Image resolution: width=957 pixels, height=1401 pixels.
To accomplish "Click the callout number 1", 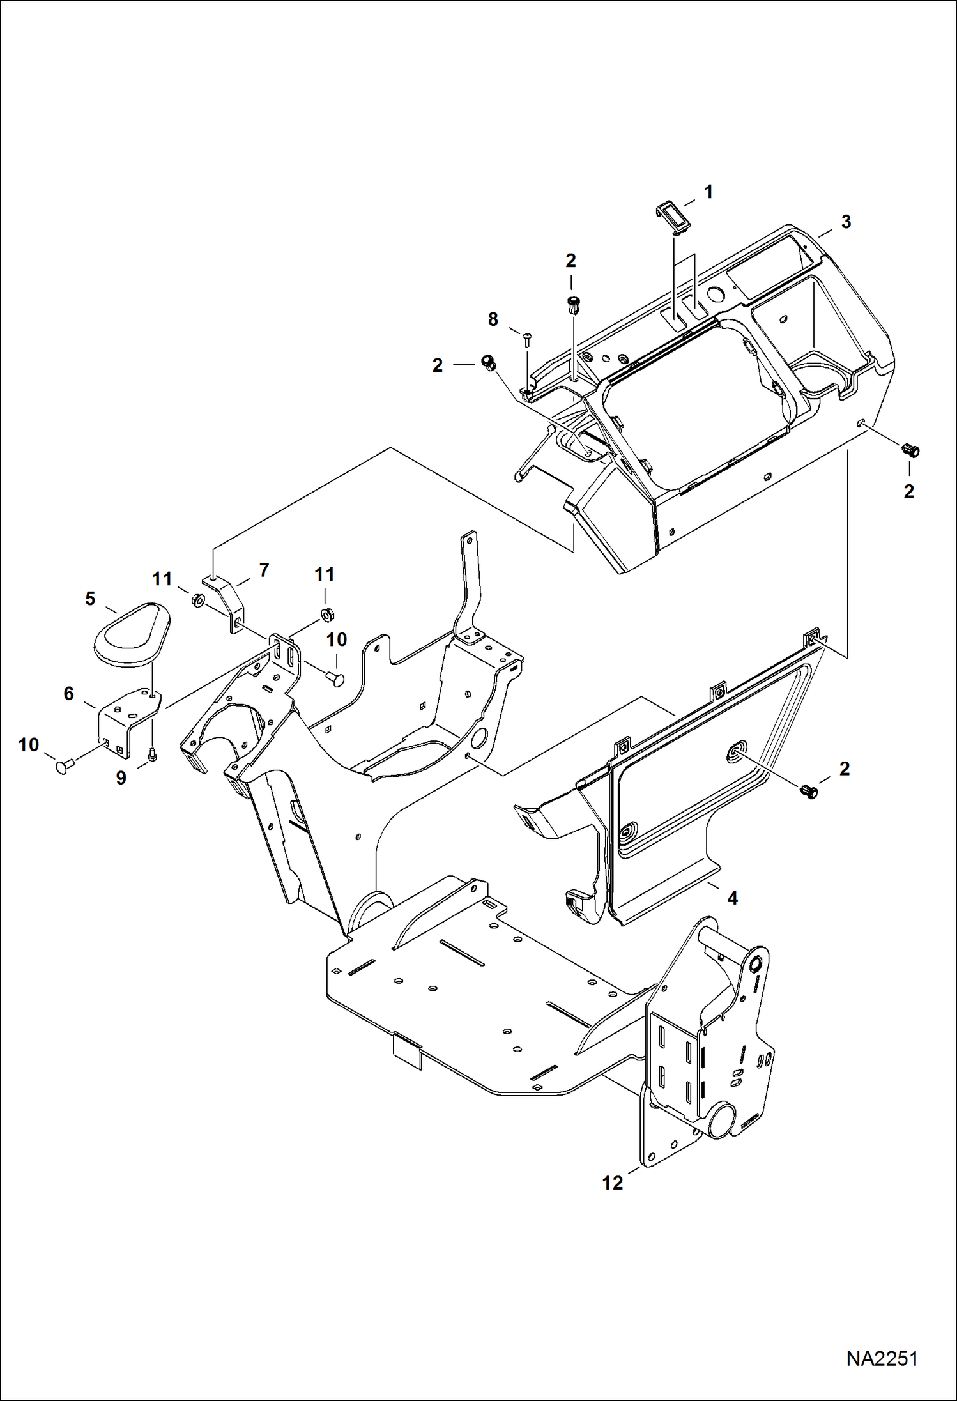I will [x=708, y=192].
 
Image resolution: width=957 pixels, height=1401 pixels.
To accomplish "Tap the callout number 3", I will [x=846, y=222].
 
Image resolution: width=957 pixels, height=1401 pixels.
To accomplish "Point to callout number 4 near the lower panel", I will [x=732, y=898].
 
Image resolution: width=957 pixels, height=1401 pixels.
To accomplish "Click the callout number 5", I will [x=90, y=599].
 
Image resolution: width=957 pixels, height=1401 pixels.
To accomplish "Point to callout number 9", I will [x=121, y=777].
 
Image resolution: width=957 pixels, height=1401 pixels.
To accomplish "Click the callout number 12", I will [x=612, y=1183].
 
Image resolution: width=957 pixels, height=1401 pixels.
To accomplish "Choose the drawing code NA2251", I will [x=882, y=1358].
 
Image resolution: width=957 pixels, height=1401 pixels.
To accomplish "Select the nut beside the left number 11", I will [x=198, y=601].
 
